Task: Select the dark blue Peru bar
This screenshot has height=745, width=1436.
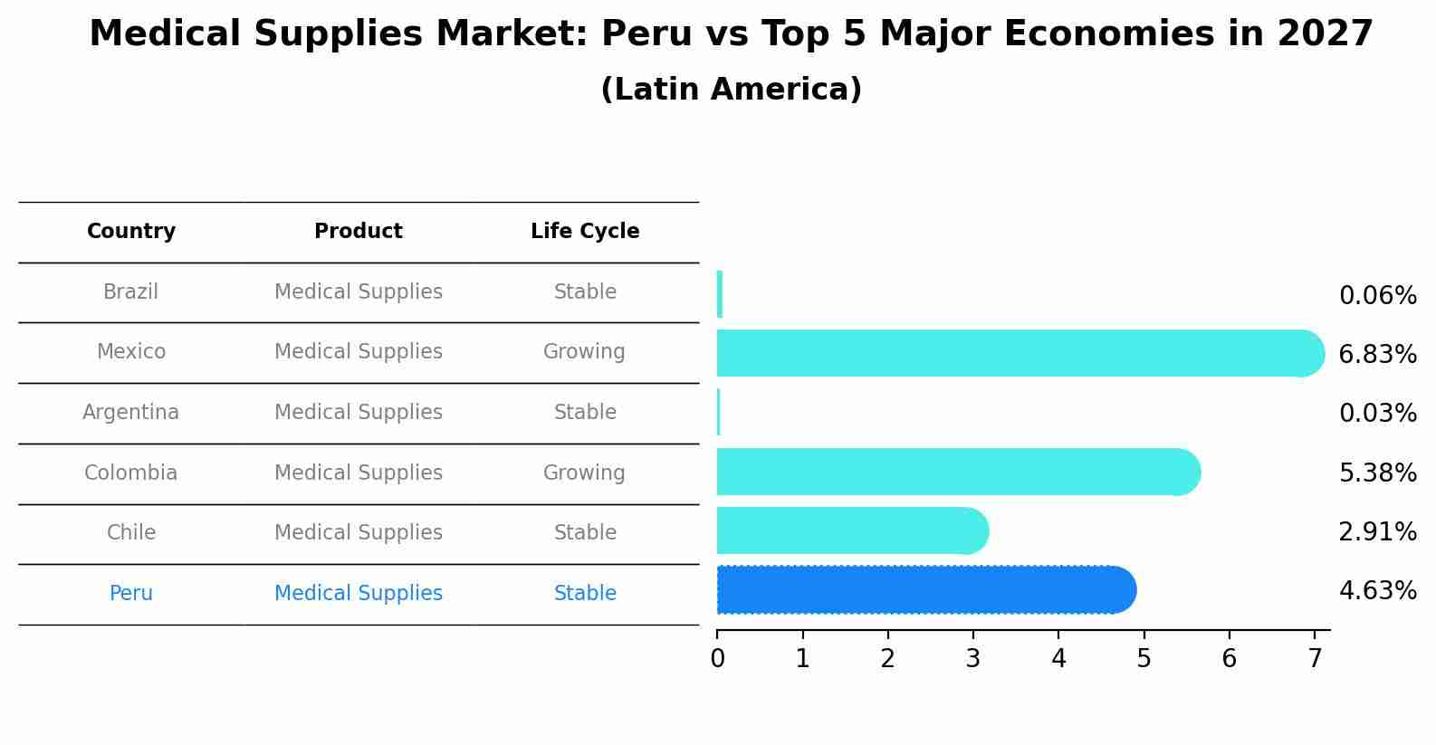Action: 924,590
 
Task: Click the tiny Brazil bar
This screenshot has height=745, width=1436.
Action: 720,294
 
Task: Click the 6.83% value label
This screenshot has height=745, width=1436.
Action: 1377,355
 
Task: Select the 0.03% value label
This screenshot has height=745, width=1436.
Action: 1377,414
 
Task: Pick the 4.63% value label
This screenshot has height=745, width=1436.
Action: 1377,591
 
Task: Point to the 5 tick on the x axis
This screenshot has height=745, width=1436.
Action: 1144,659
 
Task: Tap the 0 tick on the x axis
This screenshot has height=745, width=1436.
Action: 717,659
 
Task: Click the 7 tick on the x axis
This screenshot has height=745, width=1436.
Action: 1315,659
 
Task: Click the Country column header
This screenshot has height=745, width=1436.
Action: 131,232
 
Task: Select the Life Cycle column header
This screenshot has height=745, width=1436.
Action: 585,232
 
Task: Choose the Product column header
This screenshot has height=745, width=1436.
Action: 359,232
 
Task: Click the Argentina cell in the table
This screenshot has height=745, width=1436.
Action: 131,413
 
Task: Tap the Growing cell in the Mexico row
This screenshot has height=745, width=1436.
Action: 584,352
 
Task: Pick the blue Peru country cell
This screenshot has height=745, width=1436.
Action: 131,594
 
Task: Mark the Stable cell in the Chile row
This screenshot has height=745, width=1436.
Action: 585,533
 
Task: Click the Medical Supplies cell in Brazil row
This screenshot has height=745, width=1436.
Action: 359,292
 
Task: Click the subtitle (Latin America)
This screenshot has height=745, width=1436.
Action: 731,90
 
